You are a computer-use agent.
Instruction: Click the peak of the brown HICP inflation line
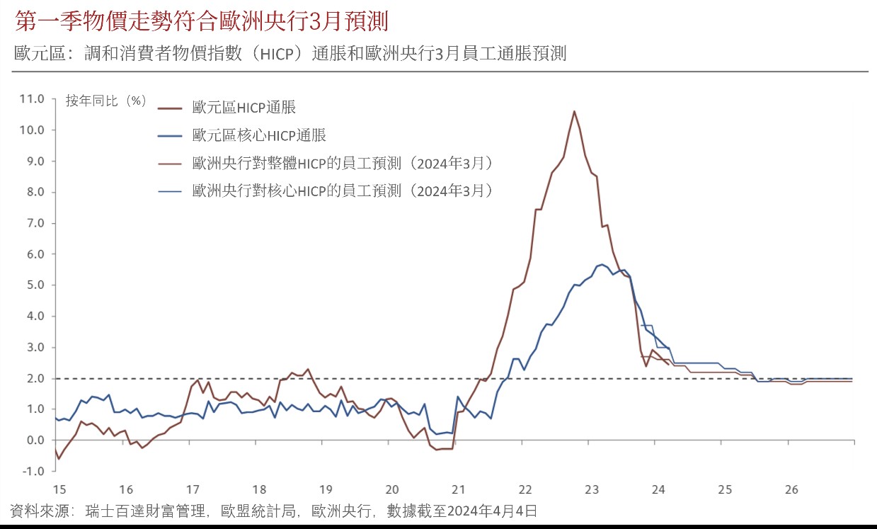coord(574,111)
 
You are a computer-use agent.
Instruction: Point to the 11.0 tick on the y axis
coord(33,99)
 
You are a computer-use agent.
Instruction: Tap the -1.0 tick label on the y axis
coord(33,471)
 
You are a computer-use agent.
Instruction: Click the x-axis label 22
coord(525,489)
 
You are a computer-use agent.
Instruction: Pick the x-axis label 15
coord(59,489)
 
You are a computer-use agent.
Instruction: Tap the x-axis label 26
coord(791,489)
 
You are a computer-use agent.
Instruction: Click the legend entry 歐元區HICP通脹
coord(243,108)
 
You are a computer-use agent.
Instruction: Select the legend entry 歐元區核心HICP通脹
coord(259,135)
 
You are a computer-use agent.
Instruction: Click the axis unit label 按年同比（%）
coord(106,101)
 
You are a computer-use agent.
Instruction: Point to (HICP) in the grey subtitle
coord(273,54)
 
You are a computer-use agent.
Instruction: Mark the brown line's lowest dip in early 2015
coord(59,459)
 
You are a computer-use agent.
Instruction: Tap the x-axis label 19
coord(326,489)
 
